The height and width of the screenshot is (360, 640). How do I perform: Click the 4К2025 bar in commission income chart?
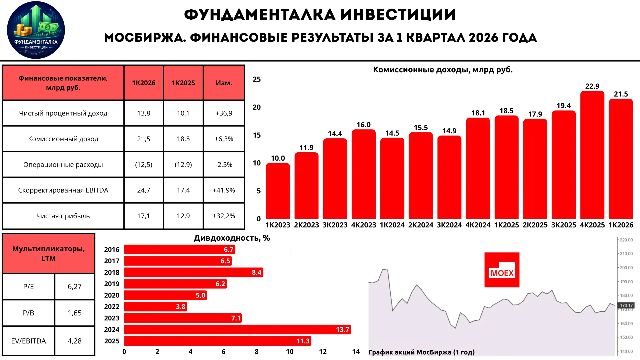(x=592, y=155)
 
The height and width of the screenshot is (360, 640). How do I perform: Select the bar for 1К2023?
(x=278, y=191)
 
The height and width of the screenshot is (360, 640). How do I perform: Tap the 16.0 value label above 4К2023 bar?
(x=363, y=125)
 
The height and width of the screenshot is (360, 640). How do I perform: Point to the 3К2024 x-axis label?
(x=449, y=225)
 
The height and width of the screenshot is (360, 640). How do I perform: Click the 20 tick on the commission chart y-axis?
(x=257, y=107)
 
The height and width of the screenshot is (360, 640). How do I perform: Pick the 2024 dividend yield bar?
(x=238, y=330)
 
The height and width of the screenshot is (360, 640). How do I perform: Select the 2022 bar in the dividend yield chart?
(x=156, y=307)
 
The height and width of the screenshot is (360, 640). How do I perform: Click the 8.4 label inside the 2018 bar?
(x=256, y=272)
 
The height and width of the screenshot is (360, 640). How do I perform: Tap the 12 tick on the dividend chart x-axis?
(x=323, y=352)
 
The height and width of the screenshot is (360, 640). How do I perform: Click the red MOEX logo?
(x=502, y=270)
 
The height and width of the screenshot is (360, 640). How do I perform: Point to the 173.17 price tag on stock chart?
(x=626, y=305)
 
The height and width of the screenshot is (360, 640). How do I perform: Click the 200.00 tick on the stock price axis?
(x=626, y=268)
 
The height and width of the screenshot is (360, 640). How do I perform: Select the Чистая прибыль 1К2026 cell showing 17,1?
(x=144, y=216)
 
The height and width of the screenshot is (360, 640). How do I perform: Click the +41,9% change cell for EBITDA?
(x=224, y=190)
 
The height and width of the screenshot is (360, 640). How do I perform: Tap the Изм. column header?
(x=224, y=83)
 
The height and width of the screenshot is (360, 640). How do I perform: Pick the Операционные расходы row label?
(x=63, y=165)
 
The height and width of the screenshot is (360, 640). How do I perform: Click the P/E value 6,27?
(x=75, y=287)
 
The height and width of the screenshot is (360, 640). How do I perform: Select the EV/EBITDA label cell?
(x=29, y=341)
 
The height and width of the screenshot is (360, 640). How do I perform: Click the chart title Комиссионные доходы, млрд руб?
(x=443, y=70)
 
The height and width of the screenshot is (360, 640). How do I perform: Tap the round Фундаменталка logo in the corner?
(x=36, y=30)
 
